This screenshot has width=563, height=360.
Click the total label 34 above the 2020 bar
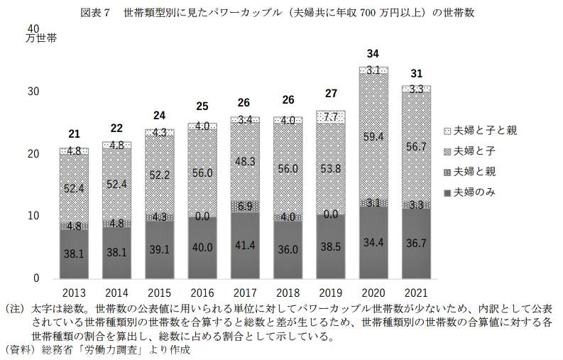pyautogui.click(x=373, y=54)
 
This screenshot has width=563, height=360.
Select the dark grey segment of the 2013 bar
pyautogui.click(x=74, y=252)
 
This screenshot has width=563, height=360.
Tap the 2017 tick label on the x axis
pyautogui.click(x=244, y=292)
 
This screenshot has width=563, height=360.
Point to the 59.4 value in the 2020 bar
pyautogui.click(x=373, y=136)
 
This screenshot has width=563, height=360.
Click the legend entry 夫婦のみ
pyautogui.click(x=472, y=192)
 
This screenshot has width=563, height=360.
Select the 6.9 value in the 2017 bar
pyautogui.click(x=244, y=206)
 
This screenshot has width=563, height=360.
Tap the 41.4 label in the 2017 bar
pyautogui.click(x=244, y=245)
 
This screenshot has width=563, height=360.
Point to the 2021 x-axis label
pyautogui.click(x=415, y=292)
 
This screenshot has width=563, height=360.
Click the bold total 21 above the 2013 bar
pyautogui.click(x=74, y=135)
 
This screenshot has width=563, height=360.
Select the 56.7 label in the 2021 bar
pyautogui.click(x=415, y=146)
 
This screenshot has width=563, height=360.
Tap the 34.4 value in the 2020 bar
pyautogui.click(x=373, y=243)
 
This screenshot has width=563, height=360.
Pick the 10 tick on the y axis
pyautogui.click(x=32, y=216)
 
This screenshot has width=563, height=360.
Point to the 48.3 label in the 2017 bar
pyautogui.click(x=244, y=161)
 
